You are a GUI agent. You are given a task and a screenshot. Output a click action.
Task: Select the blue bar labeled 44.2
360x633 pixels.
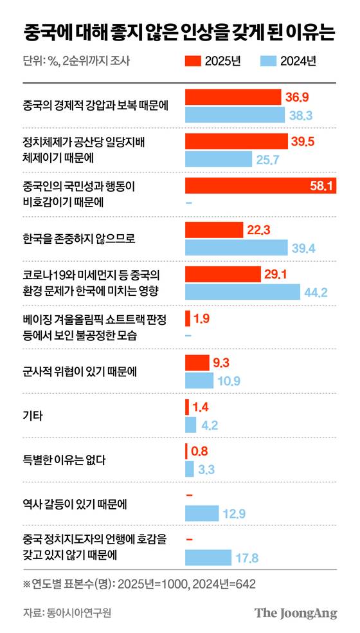point(243,291)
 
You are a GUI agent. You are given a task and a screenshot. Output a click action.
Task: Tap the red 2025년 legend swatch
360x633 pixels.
point(192,62)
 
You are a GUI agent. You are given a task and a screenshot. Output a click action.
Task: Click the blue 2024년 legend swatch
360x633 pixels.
point(268,62)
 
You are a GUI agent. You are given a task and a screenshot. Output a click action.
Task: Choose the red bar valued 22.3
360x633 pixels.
point(214,230)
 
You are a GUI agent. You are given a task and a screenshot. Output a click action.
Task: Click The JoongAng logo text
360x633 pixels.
point(296,612)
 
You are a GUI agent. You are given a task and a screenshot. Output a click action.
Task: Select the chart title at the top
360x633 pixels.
point(179,32)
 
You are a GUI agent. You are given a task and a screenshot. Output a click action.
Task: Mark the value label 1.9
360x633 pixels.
point(201,318)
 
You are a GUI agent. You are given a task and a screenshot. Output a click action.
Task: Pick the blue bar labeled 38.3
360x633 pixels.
point(235,115)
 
